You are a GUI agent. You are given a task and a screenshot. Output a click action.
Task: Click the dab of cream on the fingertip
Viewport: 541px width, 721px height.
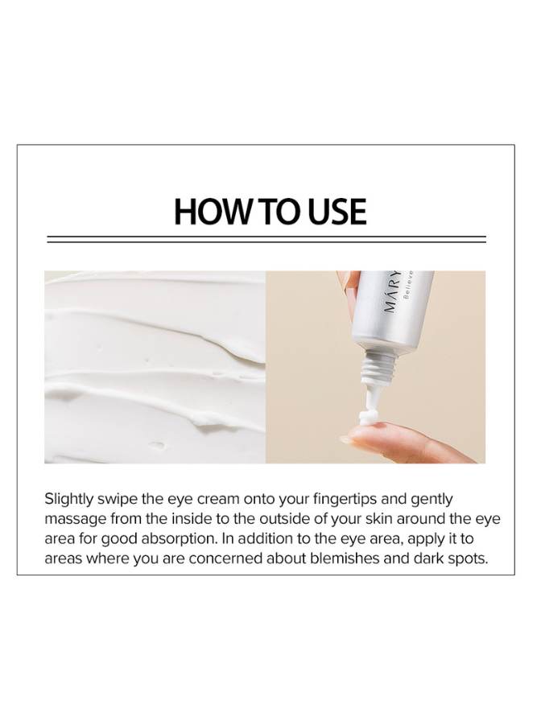368,418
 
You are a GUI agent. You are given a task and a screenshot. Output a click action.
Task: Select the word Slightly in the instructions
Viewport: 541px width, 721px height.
69,500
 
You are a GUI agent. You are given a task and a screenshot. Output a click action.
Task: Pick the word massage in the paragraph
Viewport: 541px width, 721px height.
76,519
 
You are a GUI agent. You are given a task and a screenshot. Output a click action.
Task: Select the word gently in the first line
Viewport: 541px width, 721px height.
432,500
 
